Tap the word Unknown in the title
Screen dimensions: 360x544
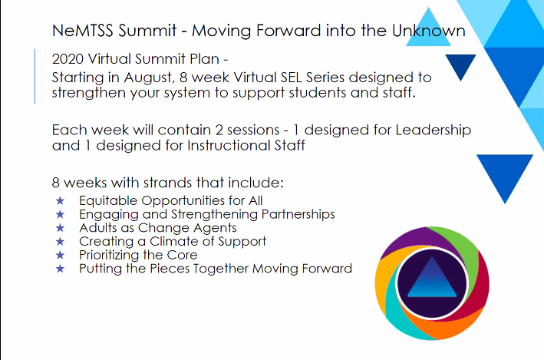click(427, 31)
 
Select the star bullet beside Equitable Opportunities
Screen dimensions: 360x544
click(61, 200)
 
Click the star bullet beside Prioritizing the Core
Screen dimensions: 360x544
click(61, 255)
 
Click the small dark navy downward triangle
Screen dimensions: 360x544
click(461, 67)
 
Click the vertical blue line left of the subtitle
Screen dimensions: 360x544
click(35, 76)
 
